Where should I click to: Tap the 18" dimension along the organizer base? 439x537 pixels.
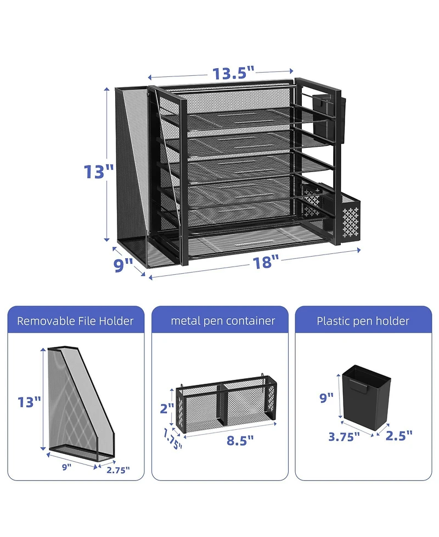tap(263, 262)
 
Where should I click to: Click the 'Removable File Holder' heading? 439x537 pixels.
tap(75, 321)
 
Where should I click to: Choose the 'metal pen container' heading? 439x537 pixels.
tap(223, 321)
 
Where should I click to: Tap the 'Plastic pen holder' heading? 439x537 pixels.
tap(363, 321)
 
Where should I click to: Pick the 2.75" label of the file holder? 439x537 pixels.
tap(118, 470)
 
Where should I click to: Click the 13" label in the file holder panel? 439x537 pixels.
tap(29, 402)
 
